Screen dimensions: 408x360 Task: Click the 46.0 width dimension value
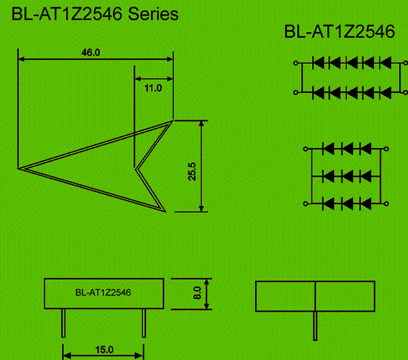(90, 52)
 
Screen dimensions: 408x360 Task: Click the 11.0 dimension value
(153, 88)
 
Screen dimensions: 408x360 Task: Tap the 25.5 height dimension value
(192, 172)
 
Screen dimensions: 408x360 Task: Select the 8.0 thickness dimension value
(197, 293)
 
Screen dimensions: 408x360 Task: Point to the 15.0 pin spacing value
(104, 350)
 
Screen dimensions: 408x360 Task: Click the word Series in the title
(153, 14)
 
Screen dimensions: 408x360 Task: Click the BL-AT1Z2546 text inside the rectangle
(103, 293)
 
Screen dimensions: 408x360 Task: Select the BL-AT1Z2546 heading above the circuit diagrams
(339, 32)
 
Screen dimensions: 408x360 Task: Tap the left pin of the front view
(63, 323)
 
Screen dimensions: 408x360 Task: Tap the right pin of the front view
(144, 323)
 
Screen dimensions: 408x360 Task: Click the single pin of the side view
(315, 325)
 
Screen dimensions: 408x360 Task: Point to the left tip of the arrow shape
(18, 168)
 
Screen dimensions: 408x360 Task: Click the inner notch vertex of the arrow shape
(135, 169)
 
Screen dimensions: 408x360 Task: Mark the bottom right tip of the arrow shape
(165, 211)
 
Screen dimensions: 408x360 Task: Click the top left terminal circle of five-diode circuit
(296, 63)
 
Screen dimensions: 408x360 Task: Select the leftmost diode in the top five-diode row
(318, 63)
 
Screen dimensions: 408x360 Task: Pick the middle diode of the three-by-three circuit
(347, 176)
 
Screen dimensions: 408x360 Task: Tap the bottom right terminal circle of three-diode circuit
(386, 204)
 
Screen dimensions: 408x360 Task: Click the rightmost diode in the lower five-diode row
(386, 92)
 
